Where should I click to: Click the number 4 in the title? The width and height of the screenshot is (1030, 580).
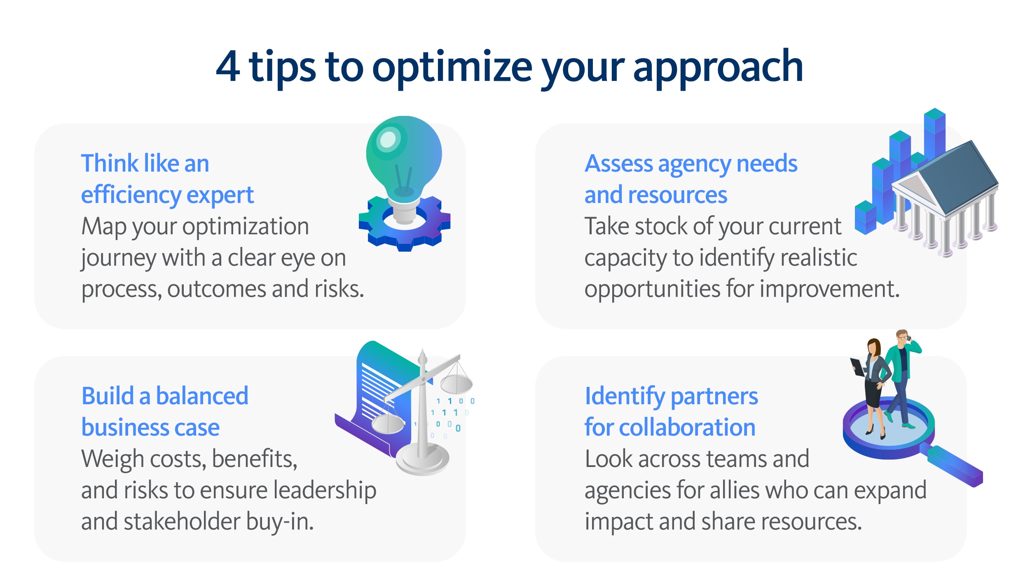pyautogui.click(x=228, y=66)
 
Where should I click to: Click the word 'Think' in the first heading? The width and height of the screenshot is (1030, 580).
pyautogui.click(x=110, y=163)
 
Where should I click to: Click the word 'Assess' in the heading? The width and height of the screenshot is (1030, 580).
pyautogui.click(x=619, y=164)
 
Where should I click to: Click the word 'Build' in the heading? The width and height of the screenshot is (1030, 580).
pyautogui.click(x=108, y=396)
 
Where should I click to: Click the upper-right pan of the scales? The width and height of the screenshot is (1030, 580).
pyautogui.click(x=456, y=384)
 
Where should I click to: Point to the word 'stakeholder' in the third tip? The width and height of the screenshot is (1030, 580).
pyautogui.click(x=182, y=521)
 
